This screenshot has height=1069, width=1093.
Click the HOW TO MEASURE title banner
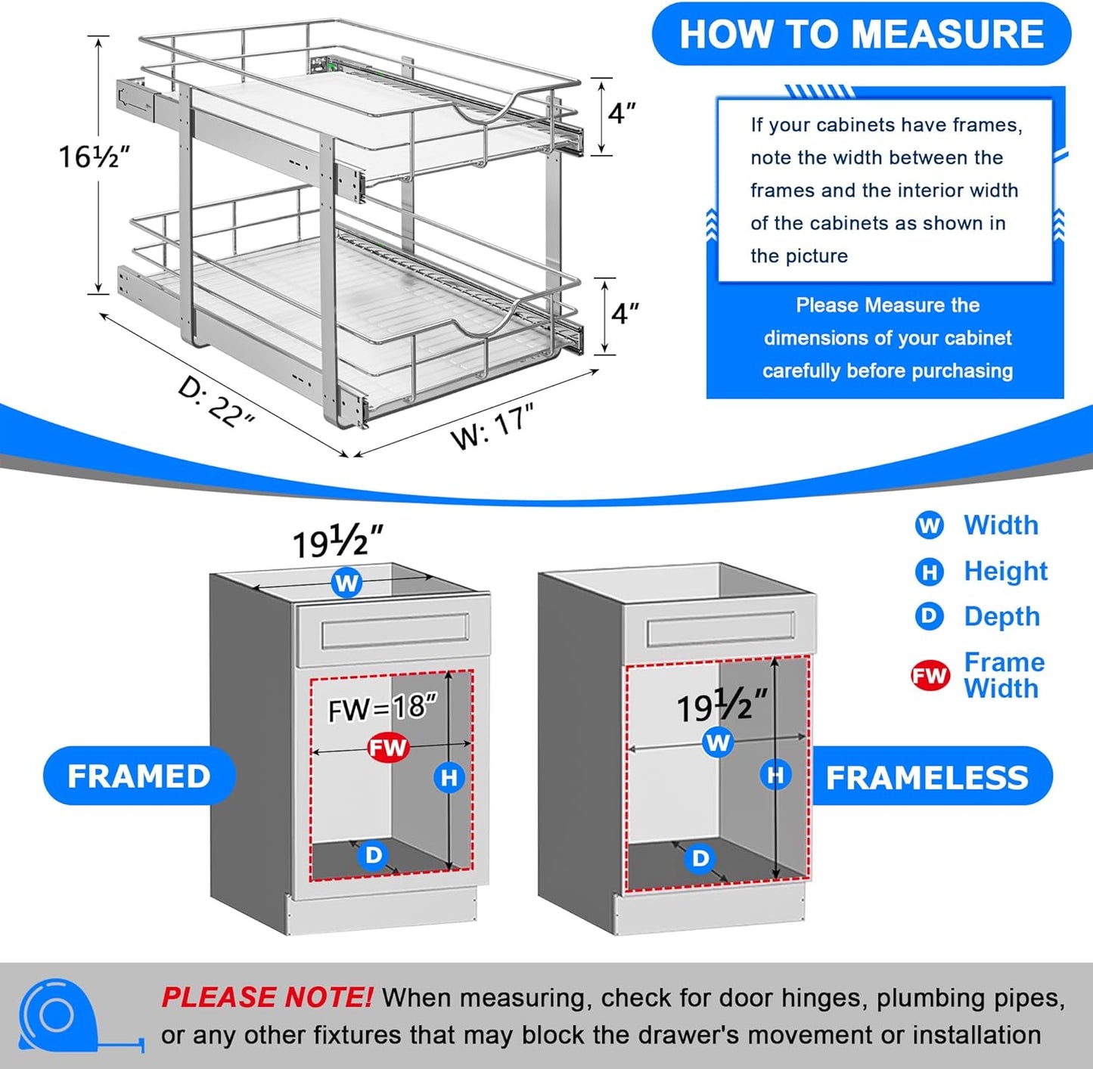coord(861,35)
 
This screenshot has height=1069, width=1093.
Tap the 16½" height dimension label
coord(95,156)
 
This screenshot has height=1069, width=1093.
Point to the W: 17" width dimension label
coord(492,426)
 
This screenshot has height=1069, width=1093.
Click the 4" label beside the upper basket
coord(622,113)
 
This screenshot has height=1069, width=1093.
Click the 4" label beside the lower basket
coord(624,312)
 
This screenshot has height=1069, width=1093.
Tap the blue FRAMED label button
coord(139,776)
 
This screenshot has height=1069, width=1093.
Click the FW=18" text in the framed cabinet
coord(382,708)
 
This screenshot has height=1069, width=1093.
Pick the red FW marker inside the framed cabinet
coord(388,748)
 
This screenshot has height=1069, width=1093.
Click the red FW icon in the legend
coord(930,675)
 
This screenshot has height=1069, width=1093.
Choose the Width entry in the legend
coord(1000,525)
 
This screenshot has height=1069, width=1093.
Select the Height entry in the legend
coord(1005,572)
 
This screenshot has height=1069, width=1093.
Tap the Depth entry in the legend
coord(1001,617)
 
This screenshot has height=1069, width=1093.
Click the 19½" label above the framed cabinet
coord(337,541)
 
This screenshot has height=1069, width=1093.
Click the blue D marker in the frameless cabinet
coord(700,858)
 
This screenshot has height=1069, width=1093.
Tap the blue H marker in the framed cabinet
coord(449,777)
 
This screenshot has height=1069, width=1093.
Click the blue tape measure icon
coord(59,1015)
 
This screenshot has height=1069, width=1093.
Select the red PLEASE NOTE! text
coord(266,998)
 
